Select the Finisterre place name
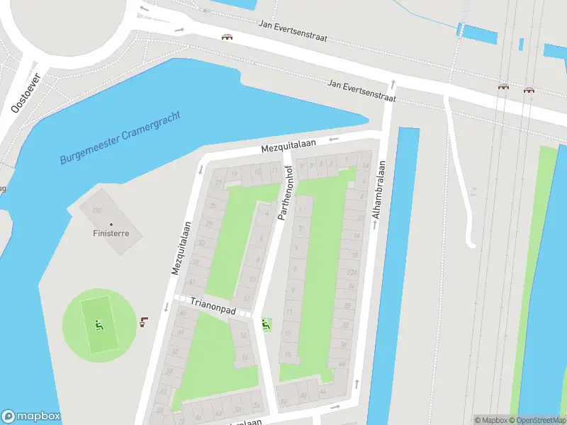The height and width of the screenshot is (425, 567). pyautogui.click(x=111, y=233)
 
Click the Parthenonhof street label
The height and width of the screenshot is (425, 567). pyautogui.click(x=287, y=191)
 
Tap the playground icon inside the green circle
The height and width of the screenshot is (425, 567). pyautogui.click(x=99, y=327)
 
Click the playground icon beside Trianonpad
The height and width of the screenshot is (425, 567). pyautogui.click(x=266, y=324)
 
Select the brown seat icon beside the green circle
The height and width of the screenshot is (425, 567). pyautogui.click(x=144, y=322)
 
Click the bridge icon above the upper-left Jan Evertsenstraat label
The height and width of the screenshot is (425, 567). pyautogui.click(x=227, y=37)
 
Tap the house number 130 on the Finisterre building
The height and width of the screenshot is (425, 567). pyautogui.click(x=97, y=211)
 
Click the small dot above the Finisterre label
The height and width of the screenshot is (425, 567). pyautogui.click(x=111, y=224)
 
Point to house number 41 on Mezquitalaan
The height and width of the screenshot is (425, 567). pyautogui.click(x=192, y=280)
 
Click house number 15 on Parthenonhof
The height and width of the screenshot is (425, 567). pyautogui.click(x=287, y=354)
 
